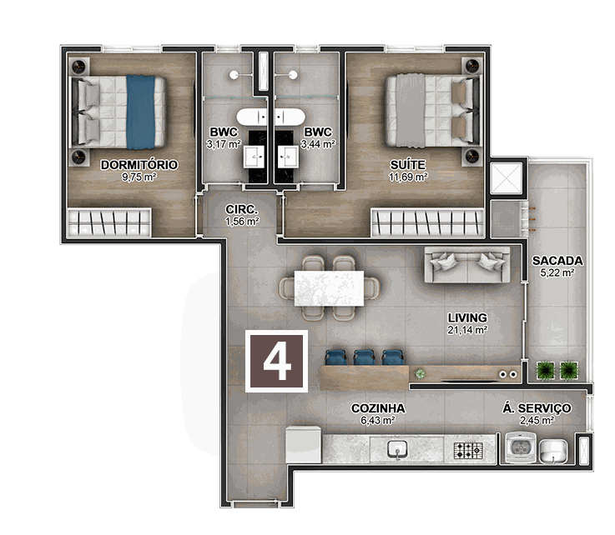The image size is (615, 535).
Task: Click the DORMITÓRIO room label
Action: (x=139, y=165)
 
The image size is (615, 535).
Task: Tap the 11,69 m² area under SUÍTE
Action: (x=408, y=177)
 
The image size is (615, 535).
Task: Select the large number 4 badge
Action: (x=277, y=361)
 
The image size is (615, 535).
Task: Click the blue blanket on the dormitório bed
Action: (x=141, y=112)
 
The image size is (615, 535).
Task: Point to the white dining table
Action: (x=329, y=288)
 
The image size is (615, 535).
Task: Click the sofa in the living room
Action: (x=467, y=265)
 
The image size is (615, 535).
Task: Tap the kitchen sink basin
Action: (x=397, y=448)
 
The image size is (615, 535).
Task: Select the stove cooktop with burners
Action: (x=468, y=450)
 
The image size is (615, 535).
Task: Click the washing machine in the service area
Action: (x=521, y=447)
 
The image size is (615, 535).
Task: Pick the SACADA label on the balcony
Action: (x=557, y=261)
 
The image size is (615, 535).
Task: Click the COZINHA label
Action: (x=378, y=408)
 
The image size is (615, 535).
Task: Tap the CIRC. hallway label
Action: (x=242, y=209)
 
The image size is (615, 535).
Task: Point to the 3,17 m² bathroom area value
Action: (x=224, y=144)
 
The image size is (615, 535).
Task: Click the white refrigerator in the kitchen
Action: (x=303, y=445)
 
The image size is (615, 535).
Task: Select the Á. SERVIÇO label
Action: (x=537, y=408)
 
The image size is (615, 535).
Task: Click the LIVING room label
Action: (x=467, y=318)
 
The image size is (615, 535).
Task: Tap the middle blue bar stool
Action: (x=365, y=357)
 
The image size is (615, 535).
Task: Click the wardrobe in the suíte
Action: (x=427, y=222)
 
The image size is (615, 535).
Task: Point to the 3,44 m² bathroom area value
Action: (x=318, y=144)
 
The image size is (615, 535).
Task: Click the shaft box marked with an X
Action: (x=506, y=178)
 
